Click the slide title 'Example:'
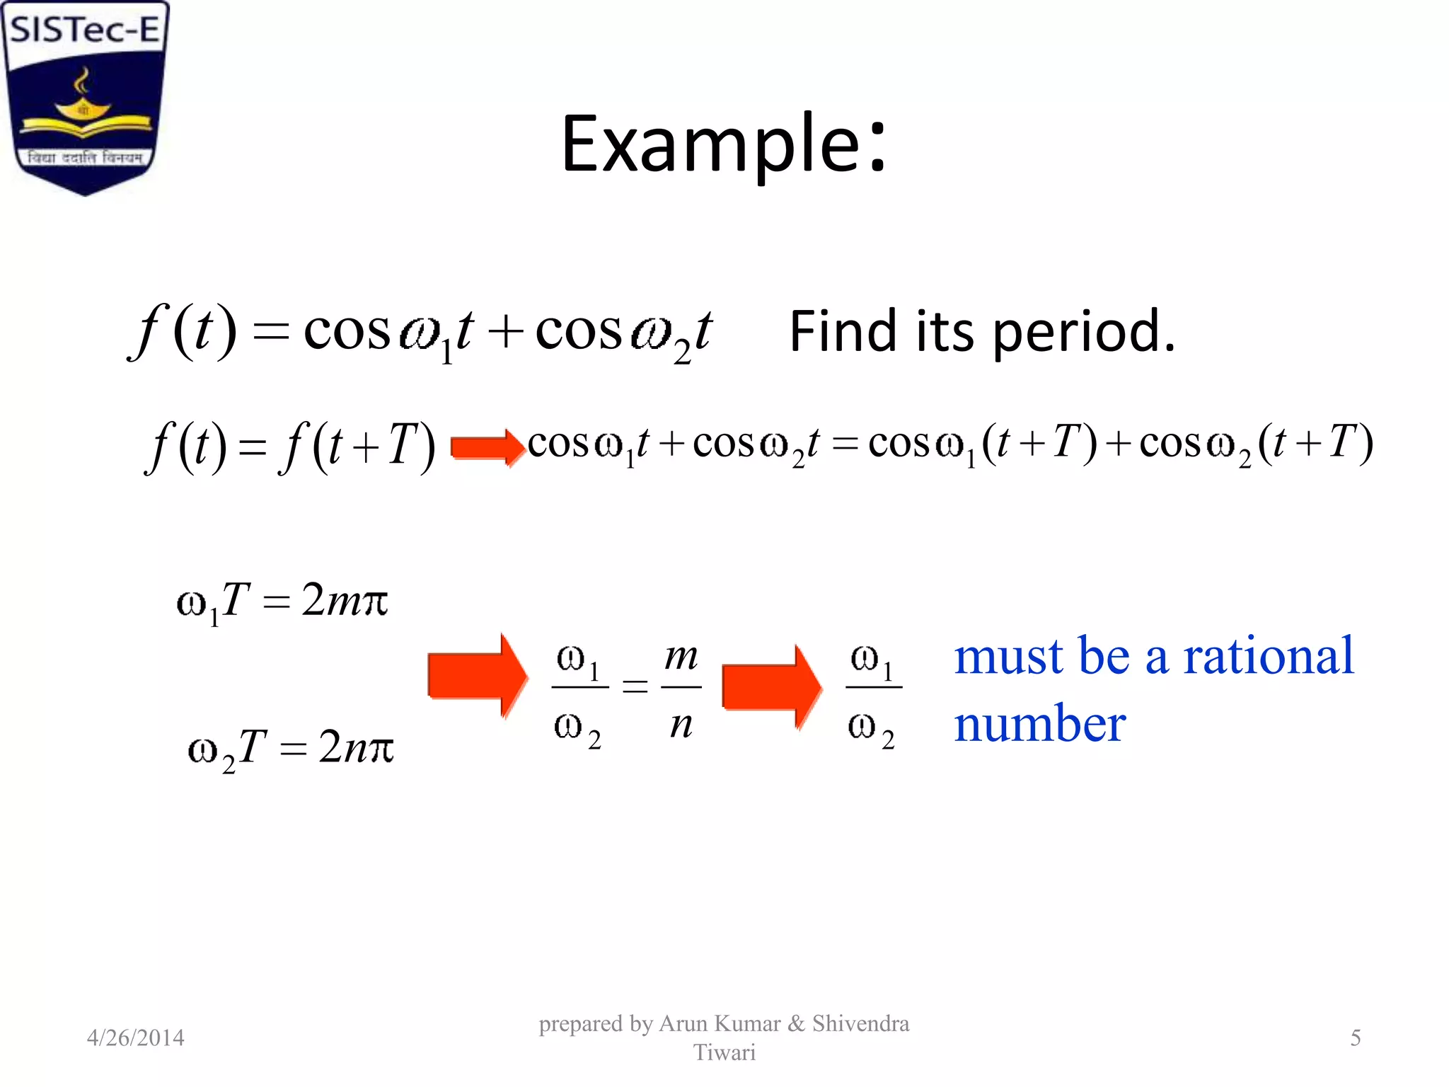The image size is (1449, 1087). (x=723, y=145)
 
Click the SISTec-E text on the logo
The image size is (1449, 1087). (x=85, y=30)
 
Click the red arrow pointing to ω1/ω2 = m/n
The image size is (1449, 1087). (x=478, y=677)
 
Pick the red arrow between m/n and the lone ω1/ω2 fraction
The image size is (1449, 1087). (x=771, y=686)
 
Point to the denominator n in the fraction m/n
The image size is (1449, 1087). (x=681, y=725)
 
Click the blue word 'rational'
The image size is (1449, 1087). (x=1268, y=656)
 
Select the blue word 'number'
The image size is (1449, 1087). (x=1040, y=725)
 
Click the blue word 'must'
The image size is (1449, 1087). (x=1008, y=656)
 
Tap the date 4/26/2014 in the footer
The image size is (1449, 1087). (x=135, y=1037)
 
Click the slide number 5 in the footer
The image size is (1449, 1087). (x=1355, y=1037)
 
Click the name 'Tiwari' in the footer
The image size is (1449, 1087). (x=724, y=1052)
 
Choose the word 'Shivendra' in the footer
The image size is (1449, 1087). (x=860, y=1023)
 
